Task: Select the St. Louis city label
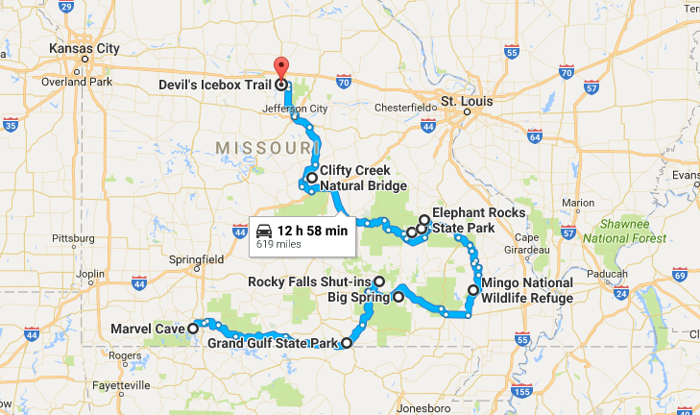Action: (x=465, y=100)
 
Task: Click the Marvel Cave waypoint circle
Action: (x=193, y=328)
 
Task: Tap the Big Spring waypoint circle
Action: (x=398, y=298)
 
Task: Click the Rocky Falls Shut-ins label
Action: (x=309, y=282)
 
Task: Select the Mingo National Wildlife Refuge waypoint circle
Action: (x=472, y=290)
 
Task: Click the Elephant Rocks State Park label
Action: (x=478, y=220)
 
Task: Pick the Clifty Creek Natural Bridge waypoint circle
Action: (x=312, y=178)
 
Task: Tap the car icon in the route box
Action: (x=263, y=231)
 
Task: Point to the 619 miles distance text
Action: (x=274, y=245)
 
